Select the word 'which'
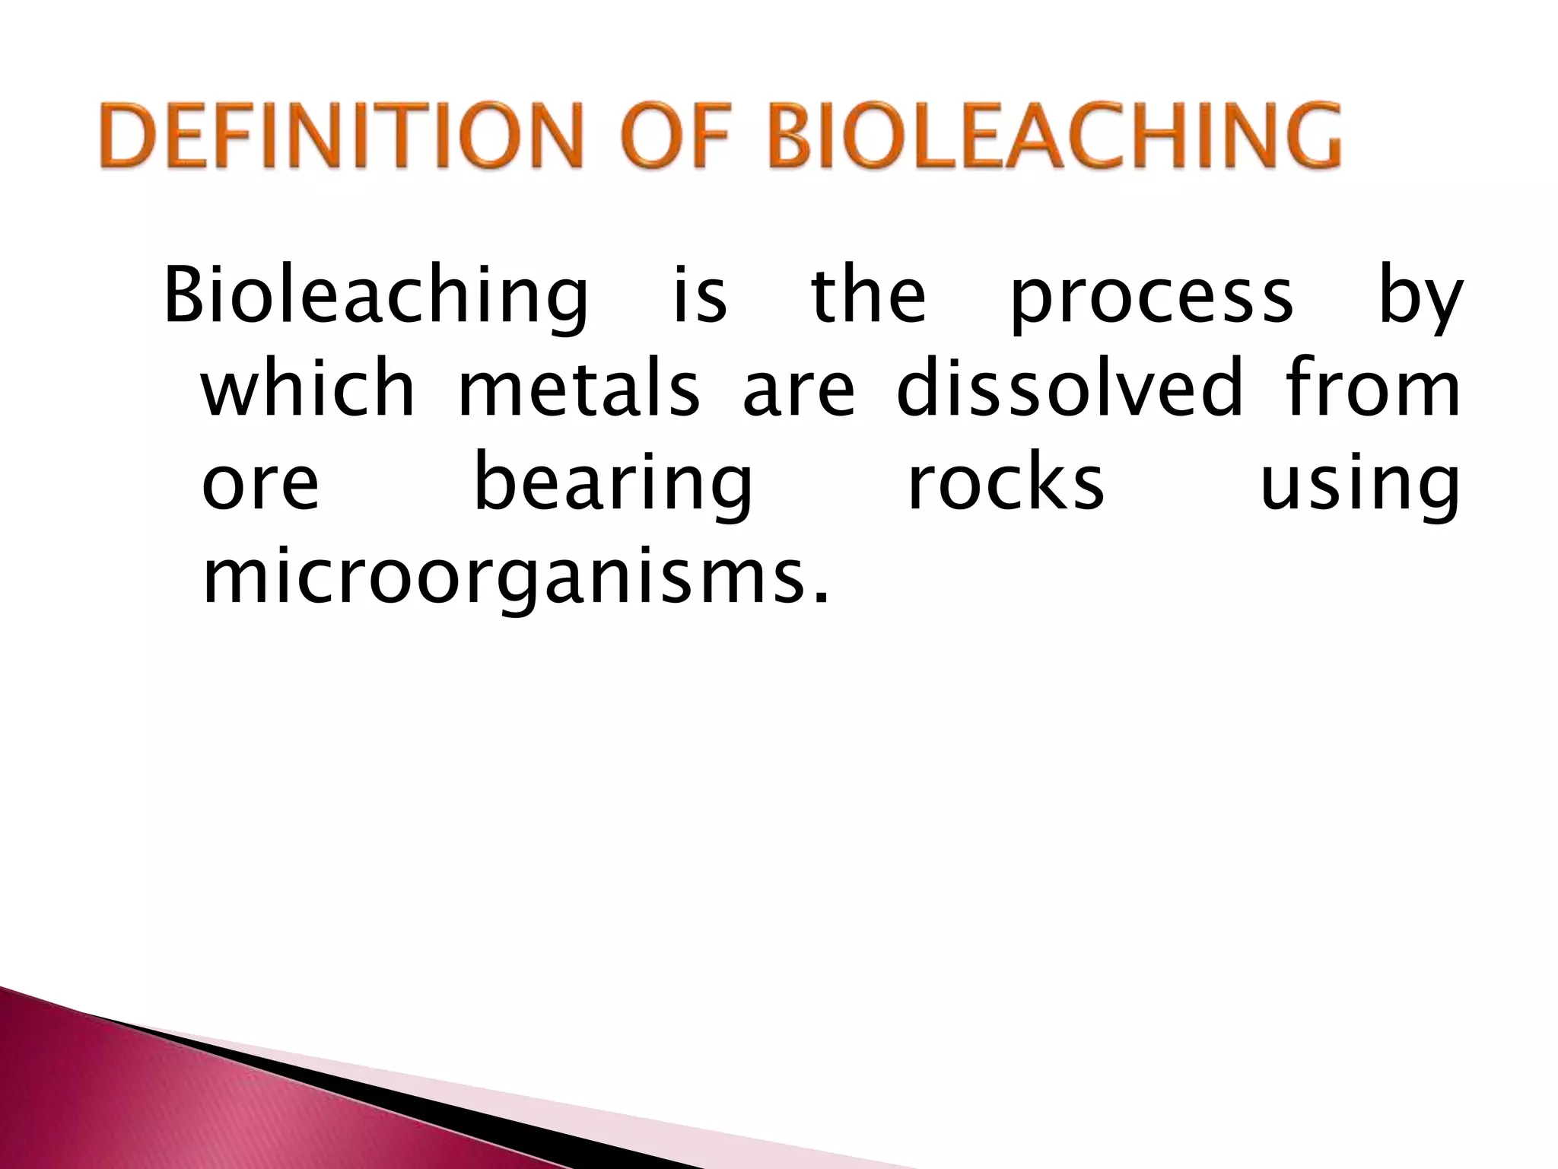[x=308, y=387]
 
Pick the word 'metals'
[x=578, y=388]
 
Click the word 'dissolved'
[x=1070, y=387]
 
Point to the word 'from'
[x=1372, y=387]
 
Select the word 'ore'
[x=260, y=484]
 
